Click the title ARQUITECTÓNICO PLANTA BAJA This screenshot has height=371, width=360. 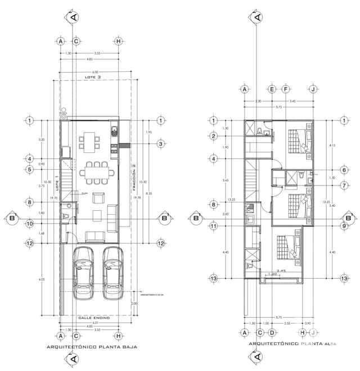[x=91, y=347]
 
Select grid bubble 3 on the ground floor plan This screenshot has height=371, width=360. [x=161, y=144]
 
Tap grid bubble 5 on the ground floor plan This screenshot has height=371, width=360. [x=29, y=169]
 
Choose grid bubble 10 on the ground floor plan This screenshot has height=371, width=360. [x=29, y=224]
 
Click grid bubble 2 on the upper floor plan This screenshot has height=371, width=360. [x=214, y=135]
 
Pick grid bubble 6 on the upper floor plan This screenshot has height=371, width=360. [x=344, y=170]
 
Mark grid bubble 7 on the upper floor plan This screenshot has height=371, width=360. [x=344, y=184]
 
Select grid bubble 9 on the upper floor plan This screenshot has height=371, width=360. [x=344, y=226]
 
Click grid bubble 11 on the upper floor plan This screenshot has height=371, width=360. [x=214, y=226]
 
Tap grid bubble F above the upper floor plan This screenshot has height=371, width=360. [x=286, y=89]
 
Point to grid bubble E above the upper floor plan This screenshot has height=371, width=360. [x=272, y=89]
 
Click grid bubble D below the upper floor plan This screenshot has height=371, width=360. [x=272, y=332]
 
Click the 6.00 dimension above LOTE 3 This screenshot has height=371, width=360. [x=95, y=72]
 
